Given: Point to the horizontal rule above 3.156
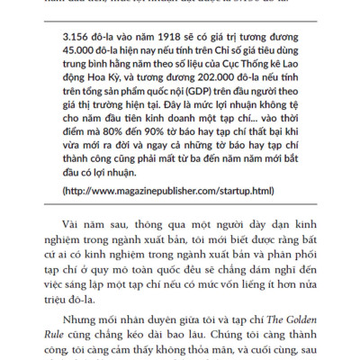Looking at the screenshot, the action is (180, 20).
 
